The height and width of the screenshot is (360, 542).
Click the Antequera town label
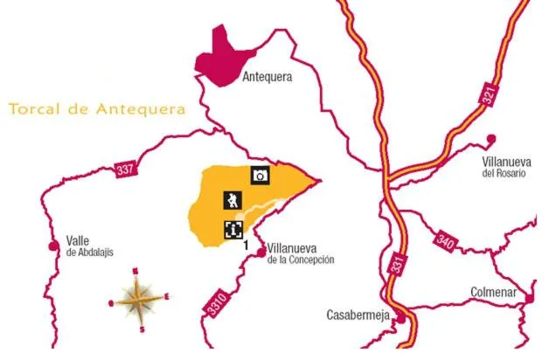(266, 77)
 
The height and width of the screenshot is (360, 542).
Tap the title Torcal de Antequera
(96, 110)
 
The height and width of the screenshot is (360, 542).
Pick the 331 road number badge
(399, 263)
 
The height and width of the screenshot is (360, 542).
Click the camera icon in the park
(260, 175)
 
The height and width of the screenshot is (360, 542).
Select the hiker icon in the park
(232, 201)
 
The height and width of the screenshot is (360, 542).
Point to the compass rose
(139, 300)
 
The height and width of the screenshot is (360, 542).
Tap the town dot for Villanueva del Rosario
(491, 138)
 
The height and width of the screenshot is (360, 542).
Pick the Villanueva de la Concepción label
(301, 253)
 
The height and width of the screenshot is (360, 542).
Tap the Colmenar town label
(493, 293)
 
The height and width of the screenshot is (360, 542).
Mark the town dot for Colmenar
(529, 299)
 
